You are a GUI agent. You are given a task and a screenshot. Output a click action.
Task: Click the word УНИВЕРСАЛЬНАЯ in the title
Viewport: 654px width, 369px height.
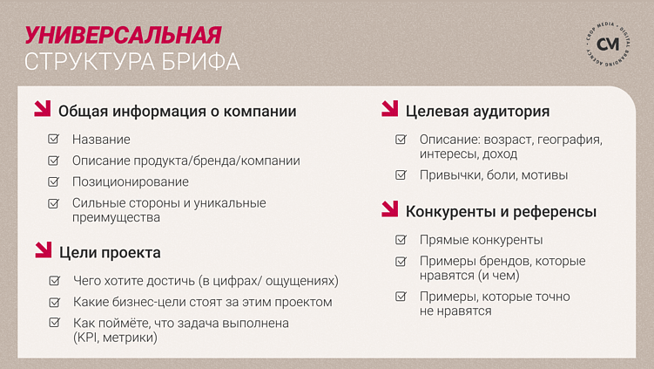(x=122, y=35)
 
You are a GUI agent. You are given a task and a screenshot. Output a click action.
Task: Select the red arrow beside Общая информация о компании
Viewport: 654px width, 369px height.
(x=42, y=110)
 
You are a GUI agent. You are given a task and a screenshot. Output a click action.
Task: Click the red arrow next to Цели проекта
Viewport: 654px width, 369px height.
(x=42, y=251)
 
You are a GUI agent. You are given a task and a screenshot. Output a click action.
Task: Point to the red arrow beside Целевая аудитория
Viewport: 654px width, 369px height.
(x=389, y=110)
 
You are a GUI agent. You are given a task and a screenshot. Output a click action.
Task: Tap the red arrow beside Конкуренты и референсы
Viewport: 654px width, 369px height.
(x=389, y=209)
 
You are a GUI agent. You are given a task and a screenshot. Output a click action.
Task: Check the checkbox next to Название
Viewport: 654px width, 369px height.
(x=54, y=139)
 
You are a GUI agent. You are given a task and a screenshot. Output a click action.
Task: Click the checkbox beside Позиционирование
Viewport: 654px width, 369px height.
(x=54, y=181)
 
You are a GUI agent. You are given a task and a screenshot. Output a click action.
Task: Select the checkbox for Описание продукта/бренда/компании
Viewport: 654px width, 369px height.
(x=54, y=161)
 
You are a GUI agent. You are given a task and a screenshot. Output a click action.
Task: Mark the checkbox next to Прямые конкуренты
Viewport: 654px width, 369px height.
(x=401, y=239)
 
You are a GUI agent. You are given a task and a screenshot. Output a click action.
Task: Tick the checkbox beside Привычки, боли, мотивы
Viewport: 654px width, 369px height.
(x=401, y=174)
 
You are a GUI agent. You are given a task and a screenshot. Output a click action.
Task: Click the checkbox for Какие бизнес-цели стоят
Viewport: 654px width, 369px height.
(x=54, y=302)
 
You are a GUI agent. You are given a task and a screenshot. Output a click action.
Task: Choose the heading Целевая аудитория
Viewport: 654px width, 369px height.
(x=477, y=112)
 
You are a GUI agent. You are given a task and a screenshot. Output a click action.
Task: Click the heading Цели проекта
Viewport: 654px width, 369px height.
(x=110, y=253)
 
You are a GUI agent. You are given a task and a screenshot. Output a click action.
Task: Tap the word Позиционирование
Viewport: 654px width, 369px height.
(x=130, y=181)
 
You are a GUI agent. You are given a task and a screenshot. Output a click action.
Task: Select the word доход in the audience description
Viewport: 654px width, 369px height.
(x=499, y=154)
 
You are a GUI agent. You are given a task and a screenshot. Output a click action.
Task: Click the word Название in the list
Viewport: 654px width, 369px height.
(x=101, y=140)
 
